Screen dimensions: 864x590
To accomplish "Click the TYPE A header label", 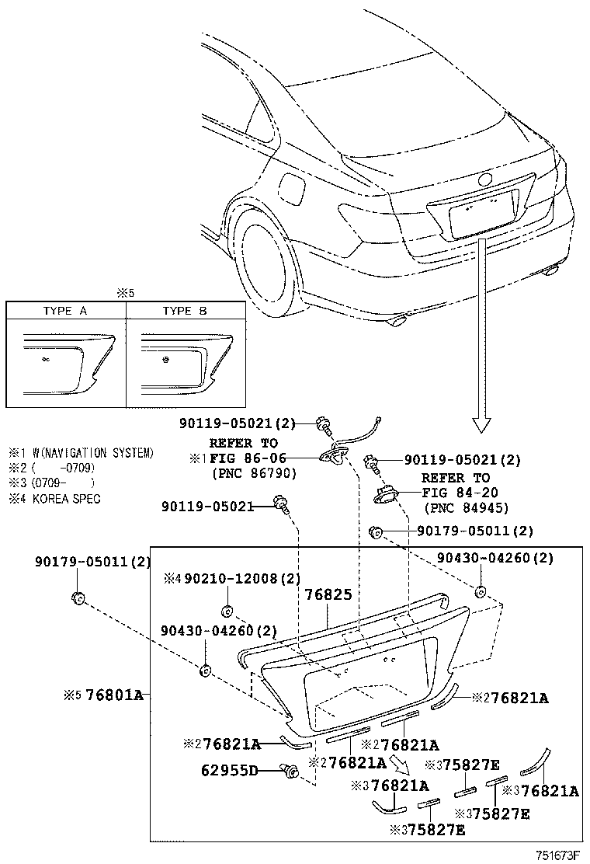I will click(65, 311).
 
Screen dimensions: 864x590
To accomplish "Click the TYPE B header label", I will click(185, 311).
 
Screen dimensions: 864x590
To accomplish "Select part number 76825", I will click(328, 594).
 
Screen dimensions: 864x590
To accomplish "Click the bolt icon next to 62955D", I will click(291, 770).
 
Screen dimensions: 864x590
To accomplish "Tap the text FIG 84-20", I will click(461, 493).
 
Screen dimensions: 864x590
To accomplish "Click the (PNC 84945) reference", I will click(467, 508).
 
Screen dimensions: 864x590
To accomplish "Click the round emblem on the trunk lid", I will click(485, 179).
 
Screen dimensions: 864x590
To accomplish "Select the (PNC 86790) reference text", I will click(253, 473).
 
